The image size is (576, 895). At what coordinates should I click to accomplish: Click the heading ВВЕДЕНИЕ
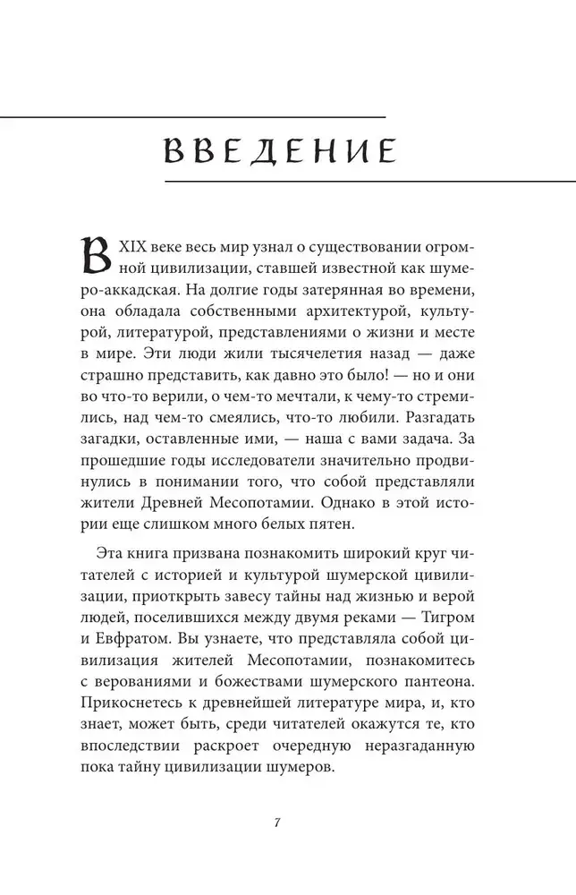point(280,150)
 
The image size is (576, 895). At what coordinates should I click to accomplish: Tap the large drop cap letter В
point(98,258)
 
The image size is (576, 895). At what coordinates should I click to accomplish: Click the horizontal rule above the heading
point(192,115)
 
